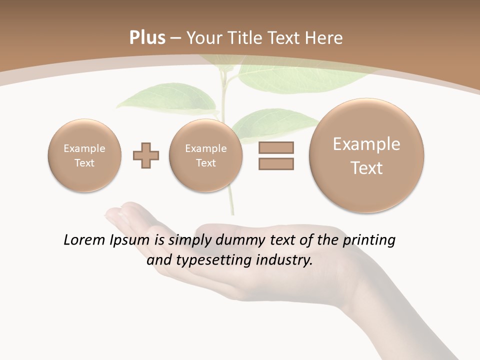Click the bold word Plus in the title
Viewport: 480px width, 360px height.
click(147, 38)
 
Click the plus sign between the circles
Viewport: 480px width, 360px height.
click(146, 155)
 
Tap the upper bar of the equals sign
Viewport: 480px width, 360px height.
click(276, 148)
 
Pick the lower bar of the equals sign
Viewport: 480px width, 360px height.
click(276, 163)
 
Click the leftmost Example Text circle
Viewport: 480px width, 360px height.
click(84, 155)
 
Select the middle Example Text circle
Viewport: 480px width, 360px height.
click(206, 155)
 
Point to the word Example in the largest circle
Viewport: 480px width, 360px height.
click(366, 144)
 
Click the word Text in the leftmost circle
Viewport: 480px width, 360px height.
click(84, 163)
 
